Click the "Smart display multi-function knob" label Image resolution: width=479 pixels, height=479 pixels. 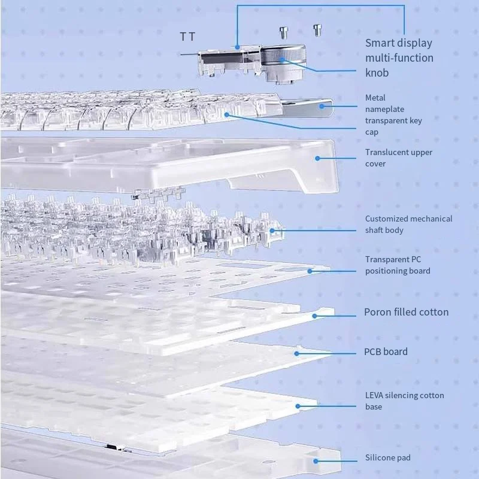coord(399,57)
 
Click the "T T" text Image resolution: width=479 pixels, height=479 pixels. coord(187,37)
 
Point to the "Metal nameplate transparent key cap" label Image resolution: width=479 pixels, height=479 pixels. coord(393,114)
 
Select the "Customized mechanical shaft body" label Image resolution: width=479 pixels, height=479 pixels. coord(408,225)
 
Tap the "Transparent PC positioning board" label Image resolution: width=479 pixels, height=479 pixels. coord(398,265)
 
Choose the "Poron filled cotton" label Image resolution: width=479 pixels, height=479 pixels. coord(406,312)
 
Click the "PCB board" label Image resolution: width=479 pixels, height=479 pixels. coord(386,351)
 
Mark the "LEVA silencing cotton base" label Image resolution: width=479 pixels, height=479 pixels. coord(404,401)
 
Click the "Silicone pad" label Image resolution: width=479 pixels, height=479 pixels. coord(387,458)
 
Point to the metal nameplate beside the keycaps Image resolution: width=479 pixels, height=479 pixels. coord(305,108)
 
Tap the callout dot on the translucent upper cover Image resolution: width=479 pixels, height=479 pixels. coord(317,159)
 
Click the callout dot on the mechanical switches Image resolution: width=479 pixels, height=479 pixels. coord(272,230)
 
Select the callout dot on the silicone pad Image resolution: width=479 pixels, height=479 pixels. coord(317,460)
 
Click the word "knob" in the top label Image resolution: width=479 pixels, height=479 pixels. coord(377,73)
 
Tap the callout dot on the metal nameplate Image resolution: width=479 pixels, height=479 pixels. coord(322,107)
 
